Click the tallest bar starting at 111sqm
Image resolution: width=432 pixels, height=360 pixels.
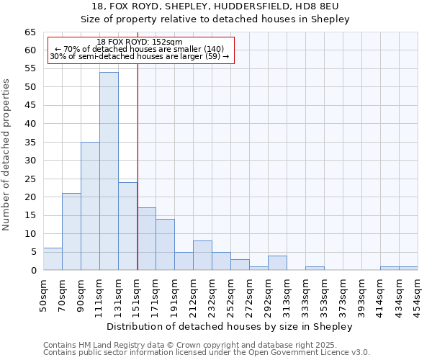click(109, 171)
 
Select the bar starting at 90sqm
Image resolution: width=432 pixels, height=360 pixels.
click(90, 206)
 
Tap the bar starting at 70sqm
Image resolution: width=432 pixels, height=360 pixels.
click(71, 232)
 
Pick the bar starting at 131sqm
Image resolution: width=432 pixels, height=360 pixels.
click(127, 226)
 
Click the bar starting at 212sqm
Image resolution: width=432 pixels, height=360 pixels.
click(202, 256)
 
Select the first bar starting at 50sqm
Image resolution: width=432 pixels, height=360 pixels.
click(53, 259)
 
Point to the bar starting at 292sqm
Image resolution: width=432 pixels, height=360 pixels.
click(277, 263)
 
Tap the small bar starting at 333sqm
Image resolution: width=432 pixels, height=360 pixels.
click(315, 269)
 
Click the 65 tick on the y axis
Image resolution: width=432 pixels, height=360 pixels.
click(30, 32)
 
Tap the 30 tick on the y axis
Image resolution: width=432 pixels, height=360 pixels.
click(30, 161)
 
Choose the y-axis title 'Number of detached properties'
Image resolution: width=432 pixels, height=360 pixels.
click(6, 155)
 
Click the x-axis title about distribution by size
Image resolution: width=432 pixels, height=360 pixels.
click(230, 326)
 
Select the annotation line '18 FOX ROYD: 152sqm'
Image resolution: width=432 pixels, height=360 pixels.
click(140, 42)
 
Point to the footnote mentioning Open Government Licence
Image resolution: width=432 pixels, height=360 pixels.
click(207, 353)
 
